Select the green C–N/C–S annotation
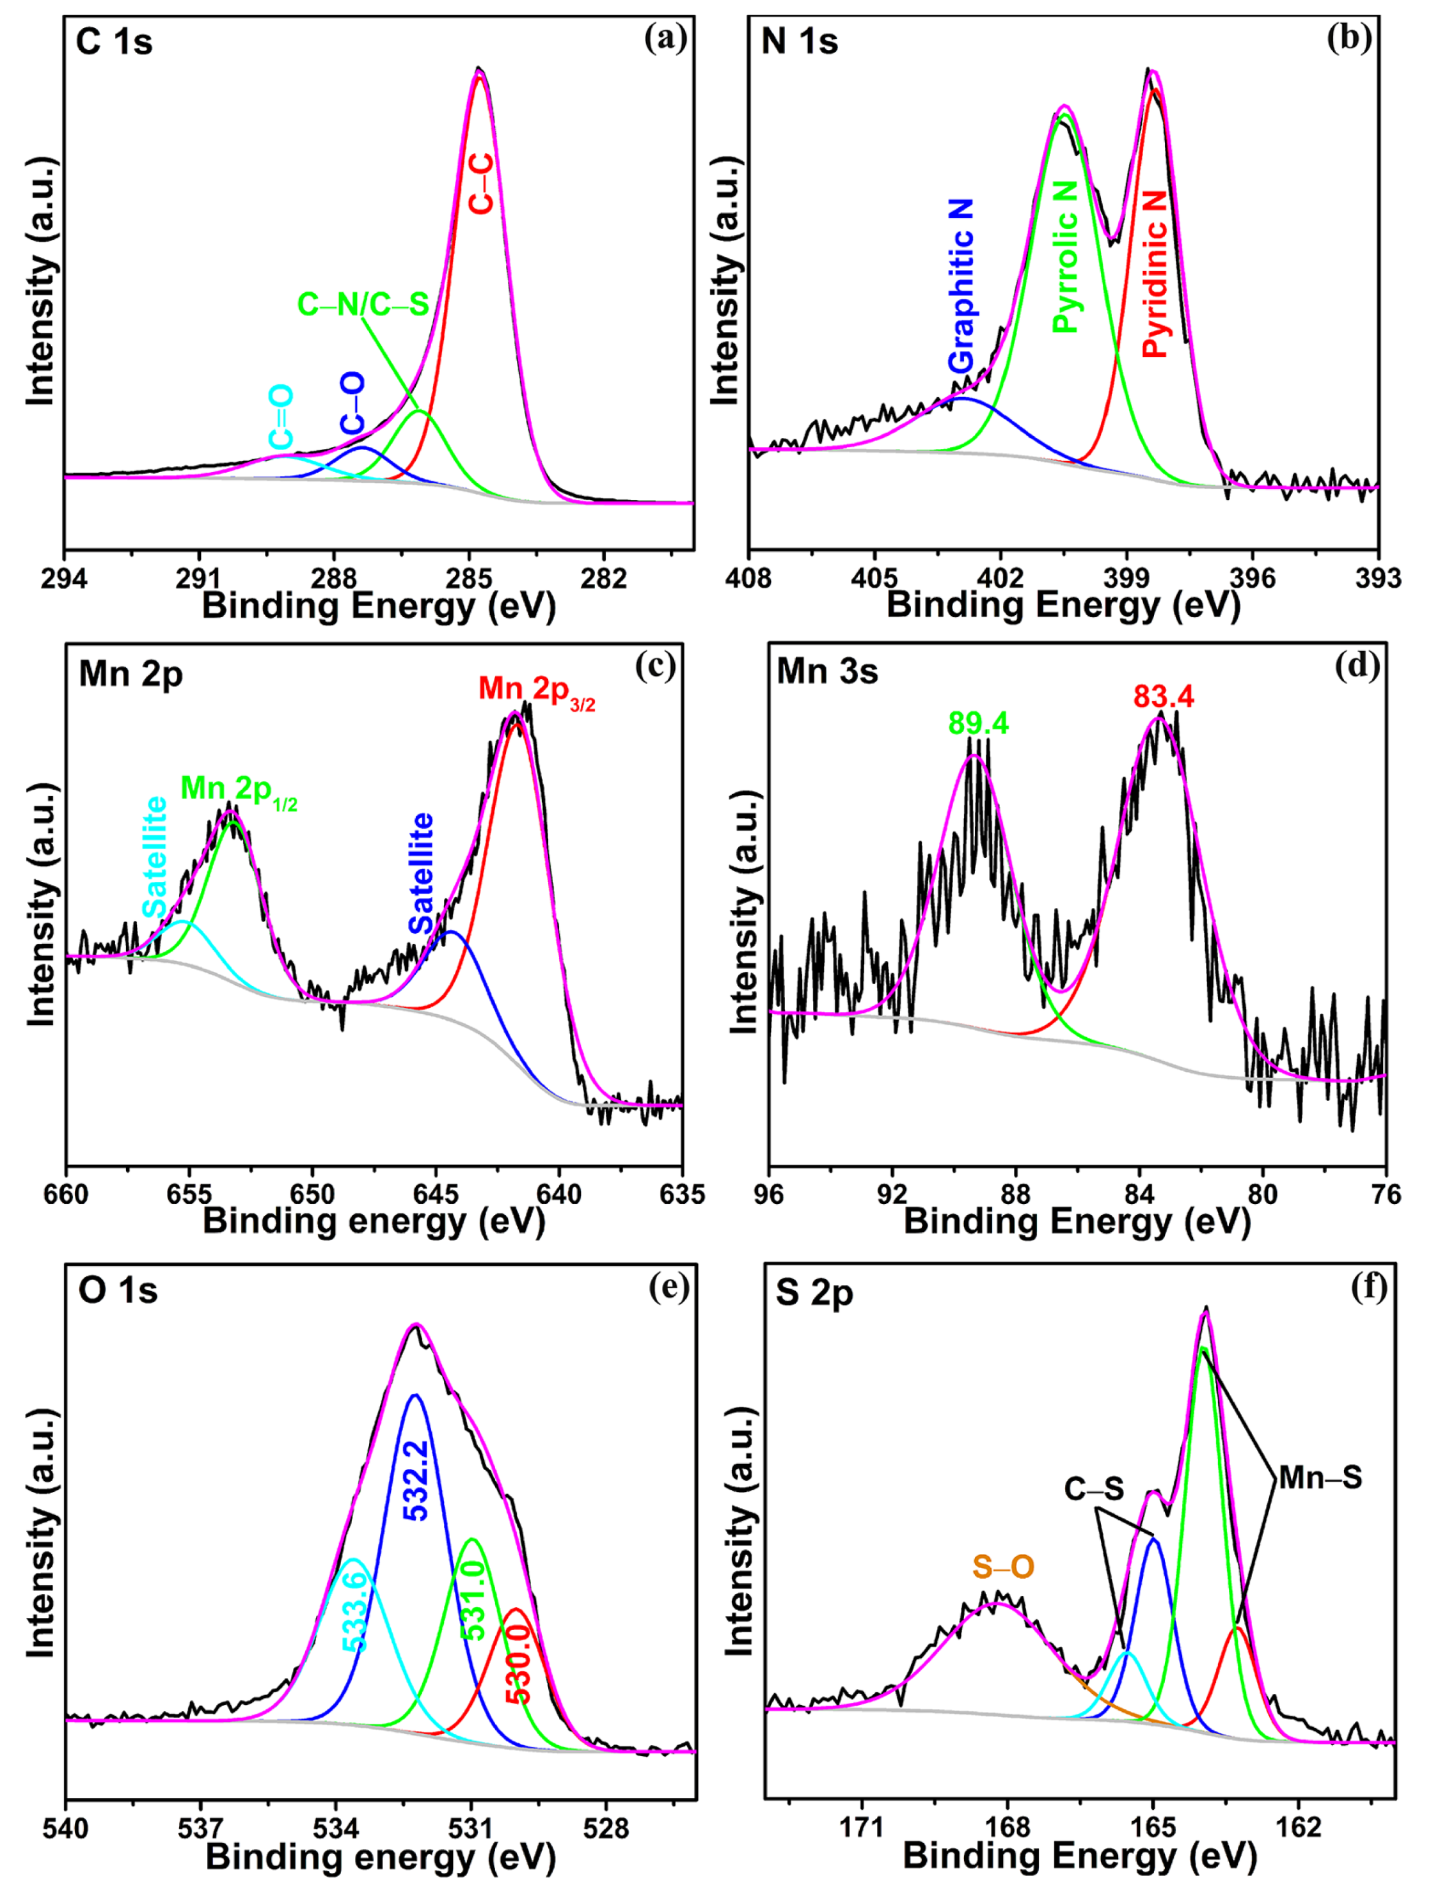point(363,304)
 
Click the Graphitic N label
point(962,285)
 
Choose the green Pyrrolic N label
point(1065,257)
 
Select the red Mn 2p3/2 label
point(537,689)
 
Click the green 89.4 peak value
point(978,723)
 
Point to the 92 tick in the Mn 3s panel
point(892,1194)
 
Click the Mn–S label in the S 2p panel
point(1320,1478)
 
